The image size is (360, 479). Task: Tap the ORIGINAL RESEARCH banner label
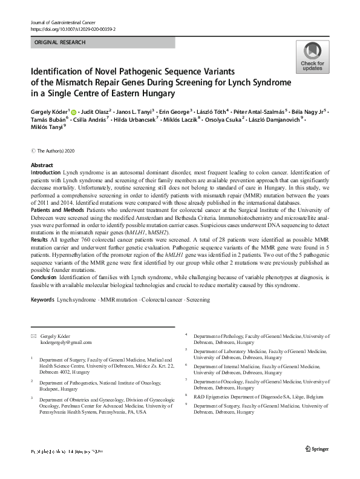click(x=61, y=42)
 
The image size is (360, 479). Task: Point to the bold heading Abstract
click(x=42, y=165)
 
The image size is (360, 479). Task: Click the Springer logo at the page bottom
click(x=316, y=465)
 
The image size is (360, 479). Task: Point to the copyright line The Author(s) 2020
click(x=58, y=150)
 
